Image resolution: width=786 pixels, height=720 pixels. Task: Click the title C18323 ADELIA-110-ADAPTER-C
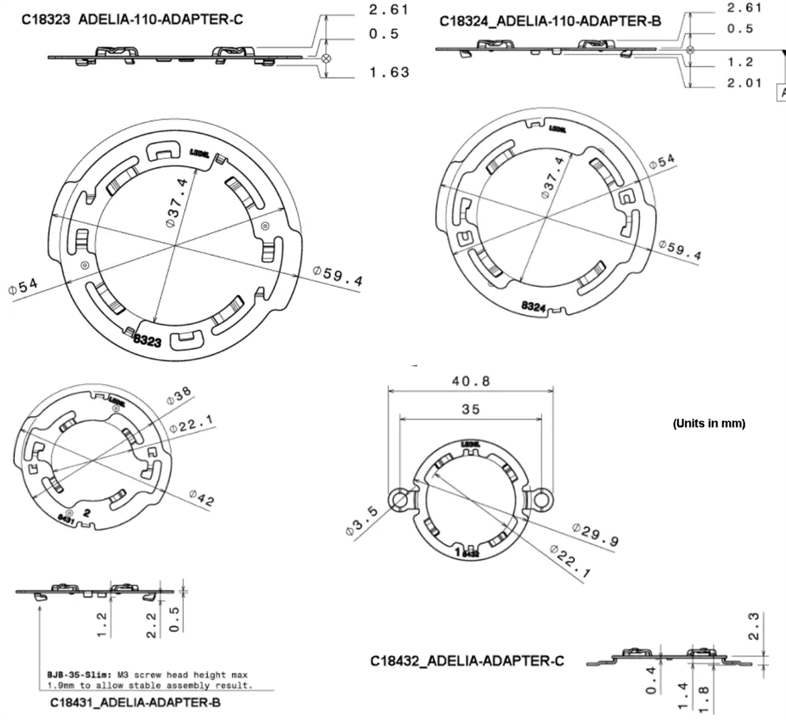point(132,19)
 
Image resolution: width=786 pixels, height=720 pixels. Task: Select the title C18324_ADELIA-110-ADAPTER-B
point(550,21)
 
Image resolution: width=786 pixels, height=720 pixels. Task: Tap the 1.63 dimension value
point(389,72)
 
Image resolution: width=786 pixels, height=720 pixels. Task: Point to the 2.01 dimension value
point(744,83)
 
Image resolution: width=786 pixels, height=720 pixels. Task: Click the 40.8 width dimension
point(470,381)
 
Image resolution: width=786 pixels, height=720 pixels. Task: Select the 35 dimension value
point(470,409)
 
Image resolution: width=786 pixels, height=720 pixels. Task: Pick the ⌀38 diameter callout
point(179,396)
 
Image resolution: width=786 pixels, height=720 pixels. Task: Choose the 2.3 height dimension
point(753,626)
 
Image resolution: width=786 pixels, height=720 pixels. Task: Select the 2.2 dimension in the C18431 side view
point(151,624)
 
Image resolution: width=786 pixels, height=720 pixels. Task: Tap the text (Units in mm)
point(709,423)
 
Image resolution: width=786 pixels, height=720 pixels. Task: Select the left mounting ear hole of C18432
point(398,500)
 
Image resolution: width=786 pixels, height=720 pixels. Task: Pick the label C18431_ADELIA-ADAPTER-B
point(135,703)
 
